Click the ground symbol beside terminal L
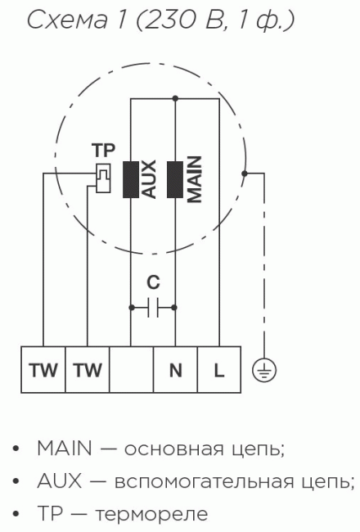264,370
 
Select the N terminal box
175,369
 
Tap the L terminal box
219,369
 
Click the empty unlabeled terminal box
131,369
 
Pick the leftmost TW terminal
43,369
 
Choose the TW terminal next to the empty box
88,369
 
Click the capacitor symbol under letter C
153,308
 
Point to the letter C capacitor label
153,282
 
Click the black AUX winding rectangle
131,179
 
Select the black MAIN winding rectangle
175,179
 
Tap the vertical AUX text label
149,179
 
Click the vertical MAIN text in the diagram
195,179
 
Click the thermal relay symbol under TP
103,178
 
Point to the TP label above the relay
103,151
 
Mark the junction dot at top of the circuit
175,99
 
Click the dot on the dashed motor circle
245,174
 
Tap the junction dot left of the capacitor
131,308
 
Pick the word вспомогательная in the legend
205,481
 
